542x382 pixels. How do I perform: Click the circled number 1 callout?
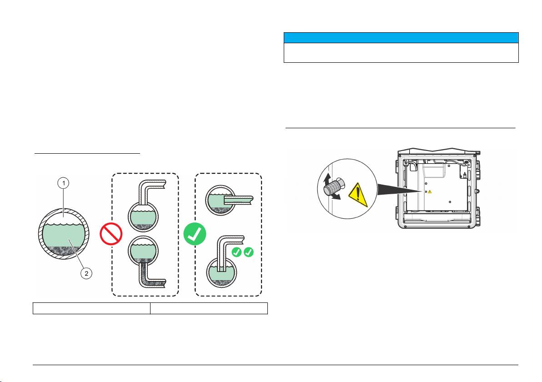click(63, 183)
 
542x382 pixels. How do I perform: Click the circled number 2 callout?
click(87, 273)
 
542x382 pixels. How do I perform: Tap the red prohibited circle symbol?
click(111, 235)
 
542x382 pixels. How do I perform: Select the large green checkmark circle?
click(195, 234)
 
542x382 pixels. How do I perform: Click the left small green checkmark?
click(236, 252)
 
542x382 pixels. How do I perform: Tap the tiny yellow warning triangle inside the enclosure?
click(430, 192)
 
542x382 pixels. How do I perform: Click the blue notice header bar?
click(401, 37)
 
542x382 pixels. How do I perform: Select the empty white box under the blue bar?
click(401, 52)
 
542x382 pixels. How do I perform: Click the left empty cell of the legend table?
click(91, 308)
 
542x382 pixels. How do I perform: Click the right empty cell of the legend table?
click(209, 308)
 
